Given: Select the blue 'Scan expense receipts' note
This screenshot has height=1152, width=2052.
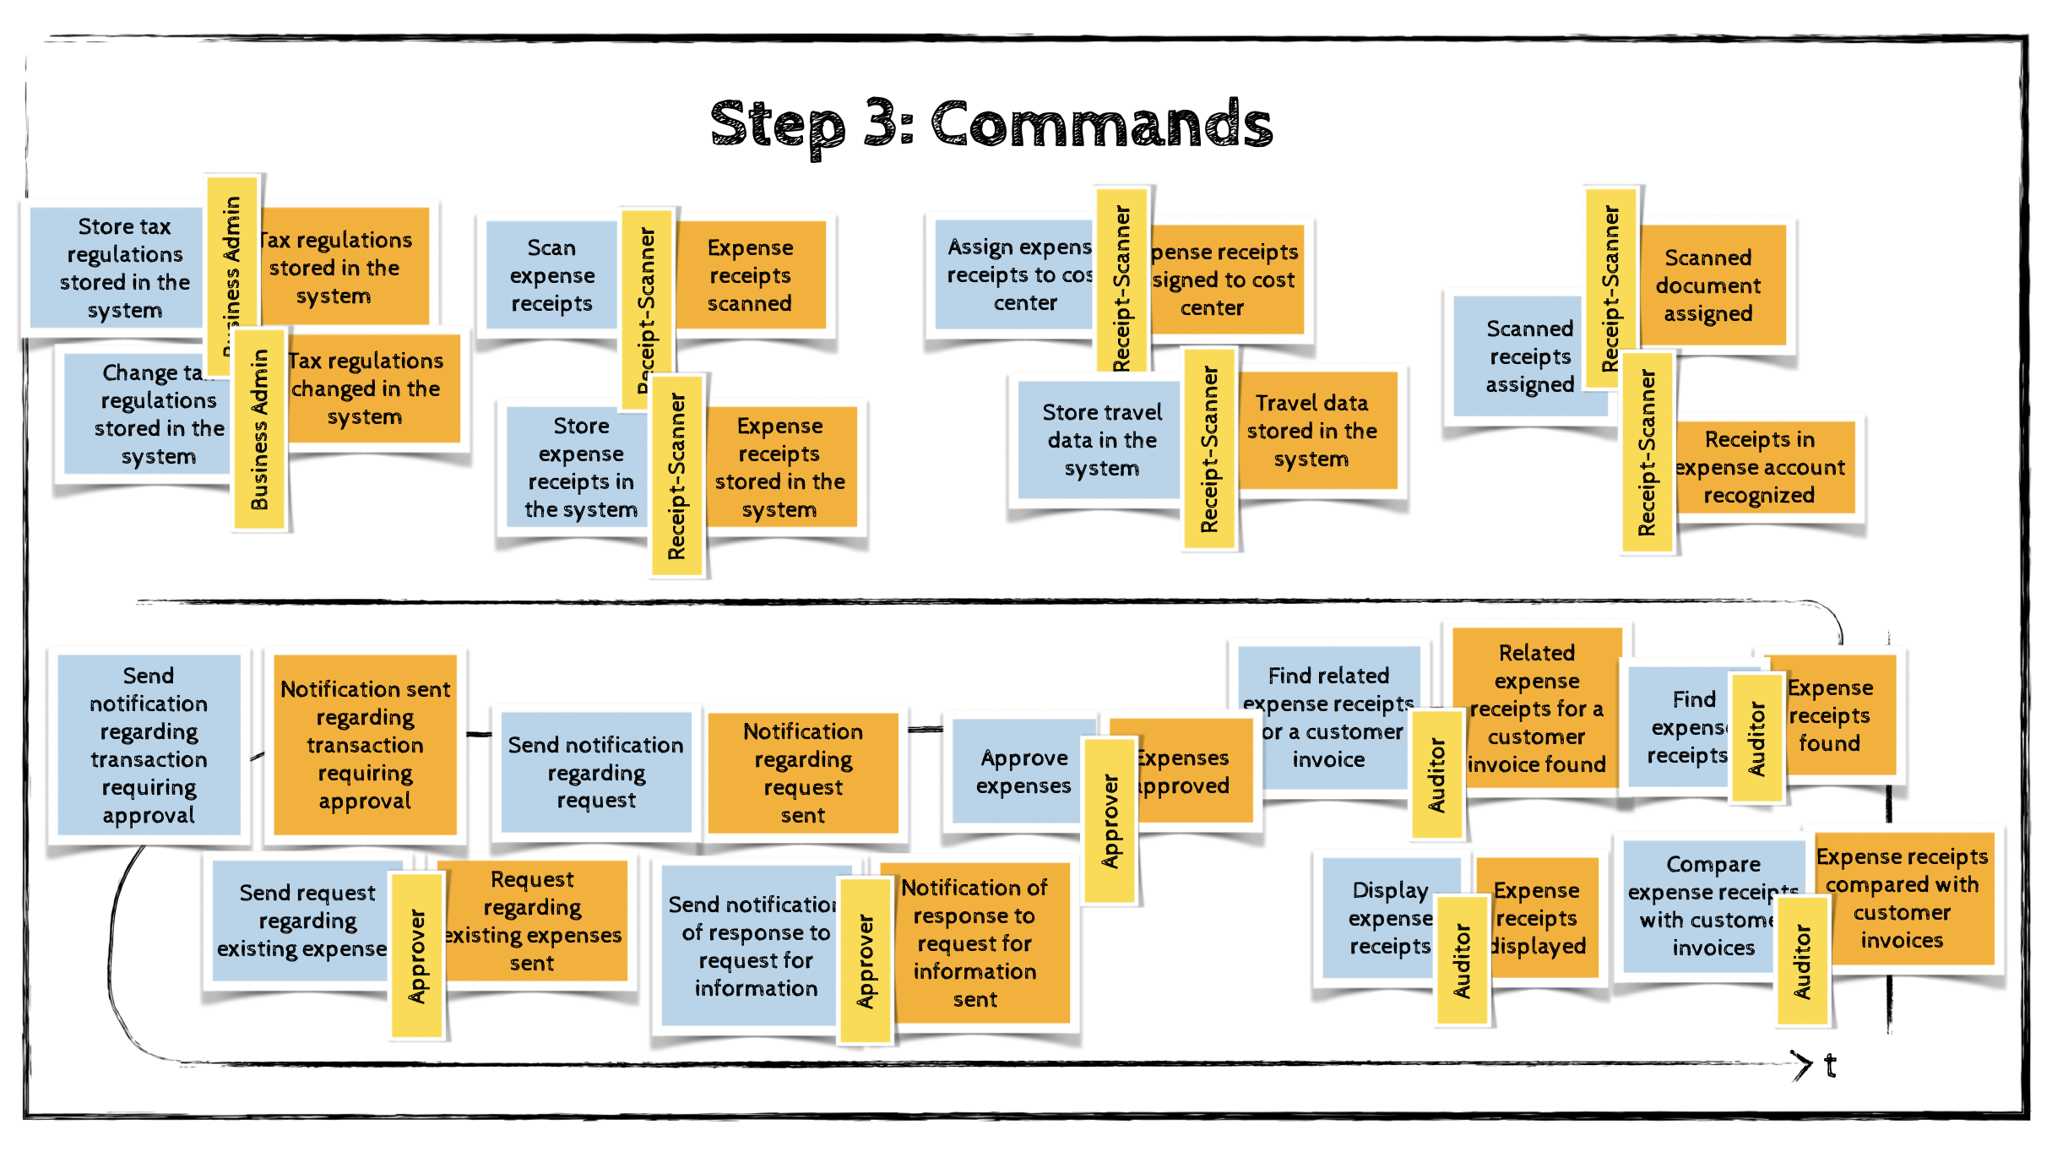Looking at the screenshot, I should (x=551, y=275).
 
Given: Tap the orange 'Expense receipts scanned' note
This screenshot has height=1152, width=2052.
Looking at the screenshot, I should (x=750, y=275).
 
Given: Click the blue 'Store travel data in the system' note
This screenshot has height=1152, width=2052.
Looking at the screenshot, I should (x=1101, y=439).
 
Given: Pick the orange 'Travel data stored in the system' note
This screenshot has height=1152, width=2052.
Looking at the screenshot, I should (x=1314, y=431).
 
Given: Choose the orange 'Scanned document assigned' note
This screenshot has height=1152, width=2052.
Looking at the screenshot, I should (x=1709, y=285).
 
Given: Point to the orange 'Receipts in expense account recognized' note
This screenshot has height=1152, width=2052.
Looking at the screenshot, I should (x=1762, y=467).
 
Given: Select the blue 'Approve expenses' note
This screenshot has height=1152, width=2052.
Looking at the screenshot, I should (x=1023, y=771).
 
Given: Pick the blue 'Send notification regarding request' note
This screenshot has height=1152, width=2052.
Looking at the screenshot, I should (x=596, y=772).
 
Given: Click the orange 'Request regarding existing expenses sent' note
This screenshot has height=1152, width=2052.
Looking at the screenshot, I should (x=535, y=921).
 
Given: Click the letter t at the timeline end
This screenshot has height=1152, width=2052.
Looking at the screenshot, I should (x=1830, y=1065).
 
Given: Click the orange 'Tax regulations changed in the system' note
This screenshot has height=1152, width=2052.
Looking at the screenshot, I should (x=368, y=389).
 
